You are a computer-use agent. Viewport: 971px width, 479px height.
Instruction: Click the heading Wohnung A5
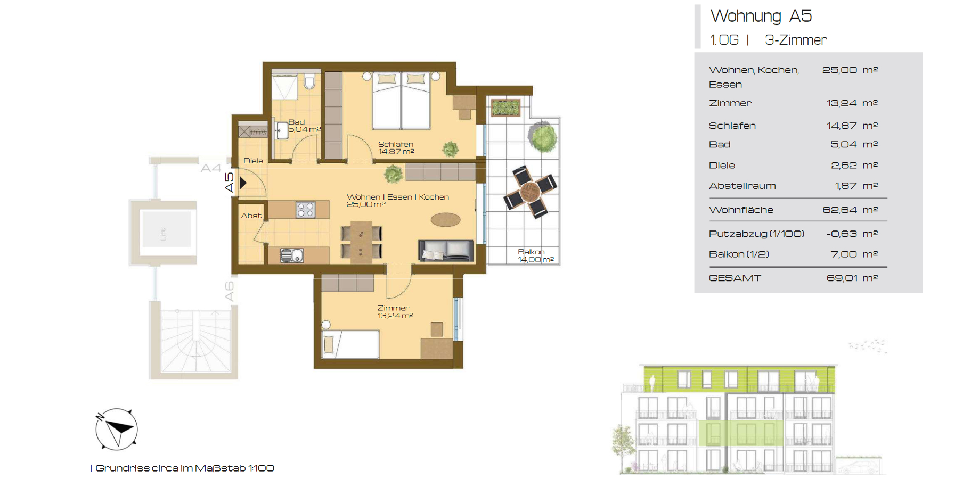pos(761,16)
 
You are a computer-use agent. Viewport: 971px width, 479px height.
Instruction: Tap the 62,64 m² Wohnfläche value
pos(850,210)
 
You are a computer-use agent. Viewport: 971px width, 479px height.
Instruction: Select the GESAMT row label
pos(735,278)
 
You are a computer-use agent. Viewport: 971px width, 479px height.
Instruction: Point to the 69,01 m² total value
pos(852,278)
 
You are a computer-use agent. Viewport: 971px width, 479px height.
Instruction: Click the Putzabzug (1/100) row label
pos(756,234)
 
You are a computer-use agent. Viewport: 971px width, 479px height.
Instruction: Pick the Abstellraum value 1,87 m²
pos(856,186)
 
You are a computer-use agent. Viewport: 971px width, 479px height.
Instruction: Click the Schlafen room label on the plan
pos(396,144)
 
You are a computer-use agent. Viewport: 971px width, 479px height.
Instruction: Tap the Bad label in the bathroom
pos(297,122)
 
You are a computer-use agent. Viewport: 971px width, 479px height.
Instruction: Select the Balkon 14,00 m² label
pos(536,255)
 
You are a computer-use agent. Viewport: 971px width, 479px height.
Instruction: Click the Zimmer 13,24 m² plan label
pos(395,312)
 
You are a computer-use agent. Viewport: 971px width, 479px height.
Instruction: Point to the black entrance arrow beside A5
pos(243,183)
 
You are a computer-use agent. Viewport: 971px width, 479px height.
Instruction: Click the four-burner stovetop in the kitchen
pos(306,210)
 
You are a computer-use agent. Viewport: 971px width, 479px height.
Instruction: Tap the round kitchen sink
pos(287,256)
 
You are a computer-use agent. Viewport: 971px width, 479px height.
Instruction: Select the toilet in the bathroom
pos(309,82)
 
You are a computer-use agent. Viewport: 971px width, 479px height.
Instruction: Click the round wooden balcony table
pos(531,192)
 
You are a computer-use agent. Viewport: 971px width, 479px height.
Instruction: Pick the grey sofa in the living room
pos(446,251)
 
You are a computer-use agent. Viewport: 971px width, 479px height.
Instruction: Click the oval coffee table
pos(446,219)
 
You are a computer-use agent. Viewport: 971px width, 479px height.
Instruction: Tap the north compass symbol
pos(116,429)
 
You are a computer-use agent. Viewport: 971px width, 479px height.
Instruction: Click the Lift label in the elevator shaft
pos(164,234)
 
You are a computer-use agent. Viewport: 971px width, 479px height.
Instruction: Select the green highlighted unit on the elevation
pos(741,433)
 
